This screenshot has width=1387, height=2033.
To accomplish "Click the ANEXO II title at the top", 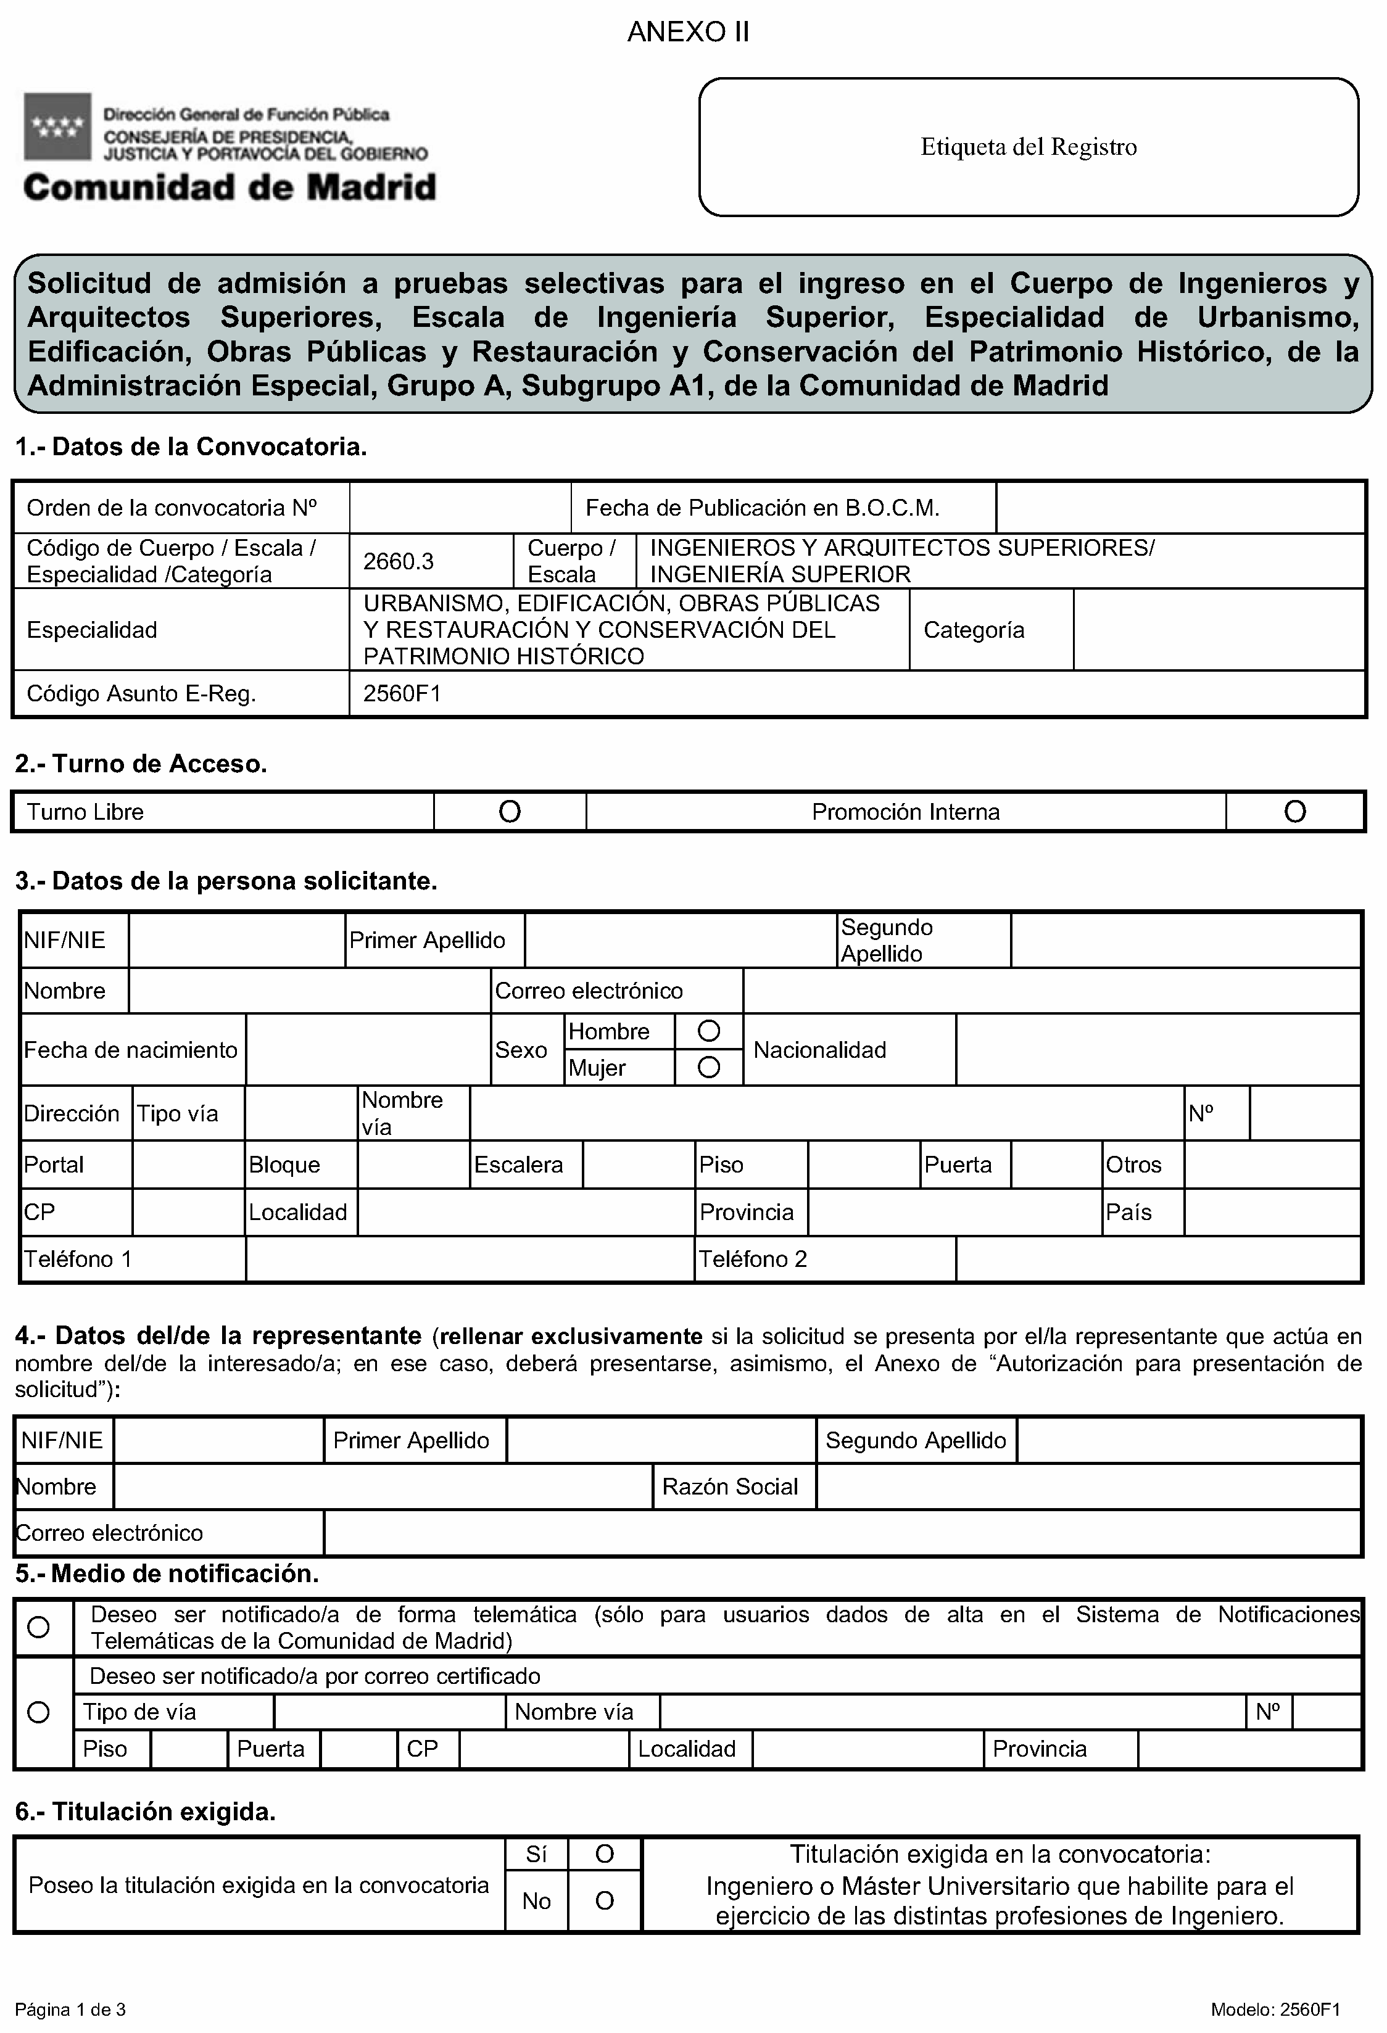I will [688, 32].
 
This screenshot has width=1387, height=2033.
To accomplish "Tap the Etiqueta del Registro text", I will [1028, 147].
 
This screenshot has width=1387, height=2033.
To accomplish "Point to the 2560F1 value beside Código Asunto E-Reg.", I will [402, 694].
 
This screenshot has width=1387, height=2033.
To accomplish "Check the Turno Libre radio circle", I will [509, 812].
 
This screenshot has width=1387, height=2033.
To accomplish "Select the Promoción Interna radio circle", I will [1294, 812].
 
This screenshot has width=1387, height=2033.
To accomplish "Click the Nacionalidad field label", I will [819, 1050].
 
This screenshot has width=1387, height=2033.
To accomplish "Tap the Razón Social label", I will [730, 1487].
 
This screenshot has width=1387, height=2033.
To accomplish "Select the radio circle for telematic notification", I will [38, 1627].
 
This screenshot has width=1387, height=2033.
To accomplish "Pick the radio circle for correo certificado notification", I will [38, 1712].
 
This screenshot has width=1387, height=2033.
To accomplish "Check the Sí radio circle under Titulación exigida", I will [604, 1855].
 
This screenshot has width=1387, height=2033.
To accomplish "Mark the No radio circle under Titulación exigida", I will [604, 1901].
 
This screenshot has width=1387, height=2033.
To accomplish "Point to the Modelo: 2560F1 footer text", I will [1275, 2010].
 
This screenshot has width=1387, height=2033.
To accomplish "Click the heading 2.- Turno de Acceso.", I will [141, 764].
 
